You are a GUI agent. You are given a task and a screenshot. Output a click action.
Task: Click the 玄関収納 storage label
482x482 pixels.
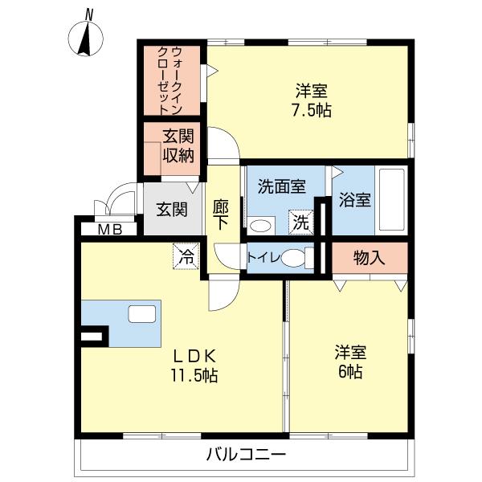coord(178,146)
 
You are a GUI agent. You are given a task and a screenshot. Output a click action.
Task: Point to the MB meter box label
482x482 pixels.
coord(110,230)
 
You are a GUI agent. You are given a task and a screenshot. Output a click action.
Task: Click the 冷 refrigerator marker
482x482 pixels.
coord(186,257)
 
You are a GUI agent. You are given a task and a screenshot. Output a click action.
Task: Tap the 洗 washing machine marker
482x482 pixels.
coord(300,222)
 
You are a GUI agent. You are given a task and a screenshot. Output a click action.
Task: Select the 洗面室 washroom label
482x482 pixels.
coord(280,187)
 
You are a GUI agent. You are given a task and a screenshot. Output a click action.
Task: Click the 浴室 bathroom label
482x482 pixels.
coord(354,199)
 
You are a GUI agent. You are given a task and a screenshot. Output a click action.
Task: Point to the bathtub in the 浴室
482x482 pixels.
coord(391,199)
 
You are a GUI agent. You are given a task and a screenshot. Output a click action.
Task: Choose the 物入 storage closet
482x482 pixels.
coord(370,258)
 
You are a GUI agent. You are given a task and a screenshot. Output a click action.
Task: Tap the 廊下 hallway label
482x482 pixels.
coord(222,216)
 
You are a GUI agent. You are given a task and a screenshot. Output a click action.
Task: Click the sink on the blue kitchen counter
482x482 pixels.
coord(143,314)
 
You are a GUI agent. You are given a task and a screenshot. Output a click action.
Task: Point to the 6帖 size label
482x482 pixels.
coord(351,372)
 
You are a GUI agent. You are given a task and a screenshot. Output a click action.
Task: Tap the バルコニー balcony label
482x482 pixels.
coord(246,455)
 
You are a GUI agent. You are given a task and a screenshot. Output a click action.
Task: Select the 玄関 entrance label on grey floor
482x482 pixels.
coord(171,210)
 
